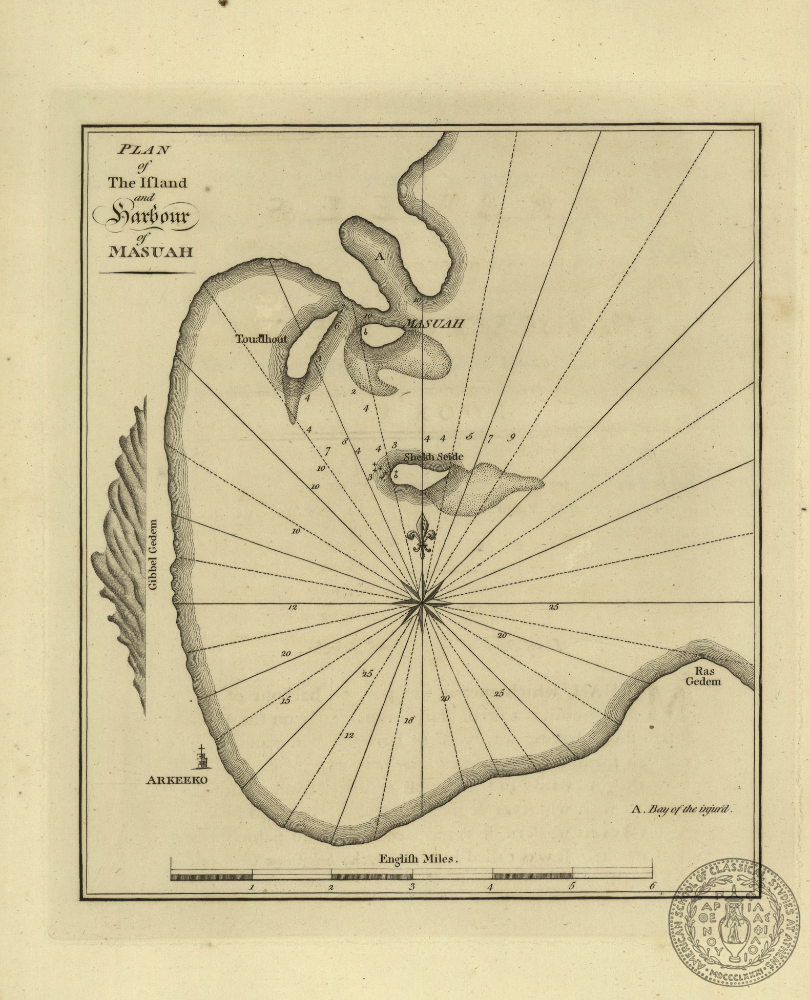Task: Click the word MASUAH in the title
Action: click(149, 253)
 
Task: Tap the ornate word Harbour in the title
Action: click(147, 218)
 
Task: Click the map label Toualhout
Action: click(261, 339)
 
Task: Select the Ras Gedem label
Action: click(708, 676)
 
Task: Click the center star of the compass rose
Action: click(421, 603)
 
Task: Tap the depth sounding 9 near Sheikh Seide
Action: click(511, 437)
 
